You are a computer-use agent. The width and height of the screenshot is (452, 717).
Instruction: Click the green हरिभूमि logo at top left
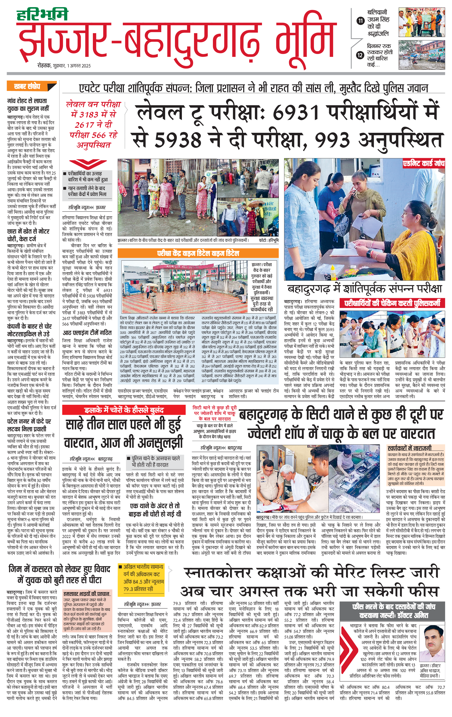(x=42, y=15)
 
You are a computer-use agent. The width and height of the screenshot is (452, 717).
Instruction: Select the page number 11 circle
(x=360, y=21)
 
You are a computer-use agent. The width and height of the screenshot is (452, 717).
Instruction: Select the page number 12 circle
(x=360, y=55)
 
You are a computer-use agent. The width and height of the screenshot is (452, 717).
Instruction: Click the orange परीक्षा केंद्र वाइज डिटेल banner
(x=198, y=253)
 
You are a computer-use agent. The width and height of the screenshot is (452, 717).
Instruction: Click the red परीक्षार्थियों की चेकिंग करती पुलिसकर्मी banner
(x=392, y=303)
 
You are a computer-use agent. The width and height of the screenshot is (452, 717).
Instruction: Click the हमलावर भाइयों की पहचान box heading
(x=86, y=594)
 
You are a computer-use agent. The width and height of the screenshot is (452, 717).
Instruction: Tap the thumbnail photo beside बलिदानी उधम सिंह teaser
(x=422, y=23)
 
